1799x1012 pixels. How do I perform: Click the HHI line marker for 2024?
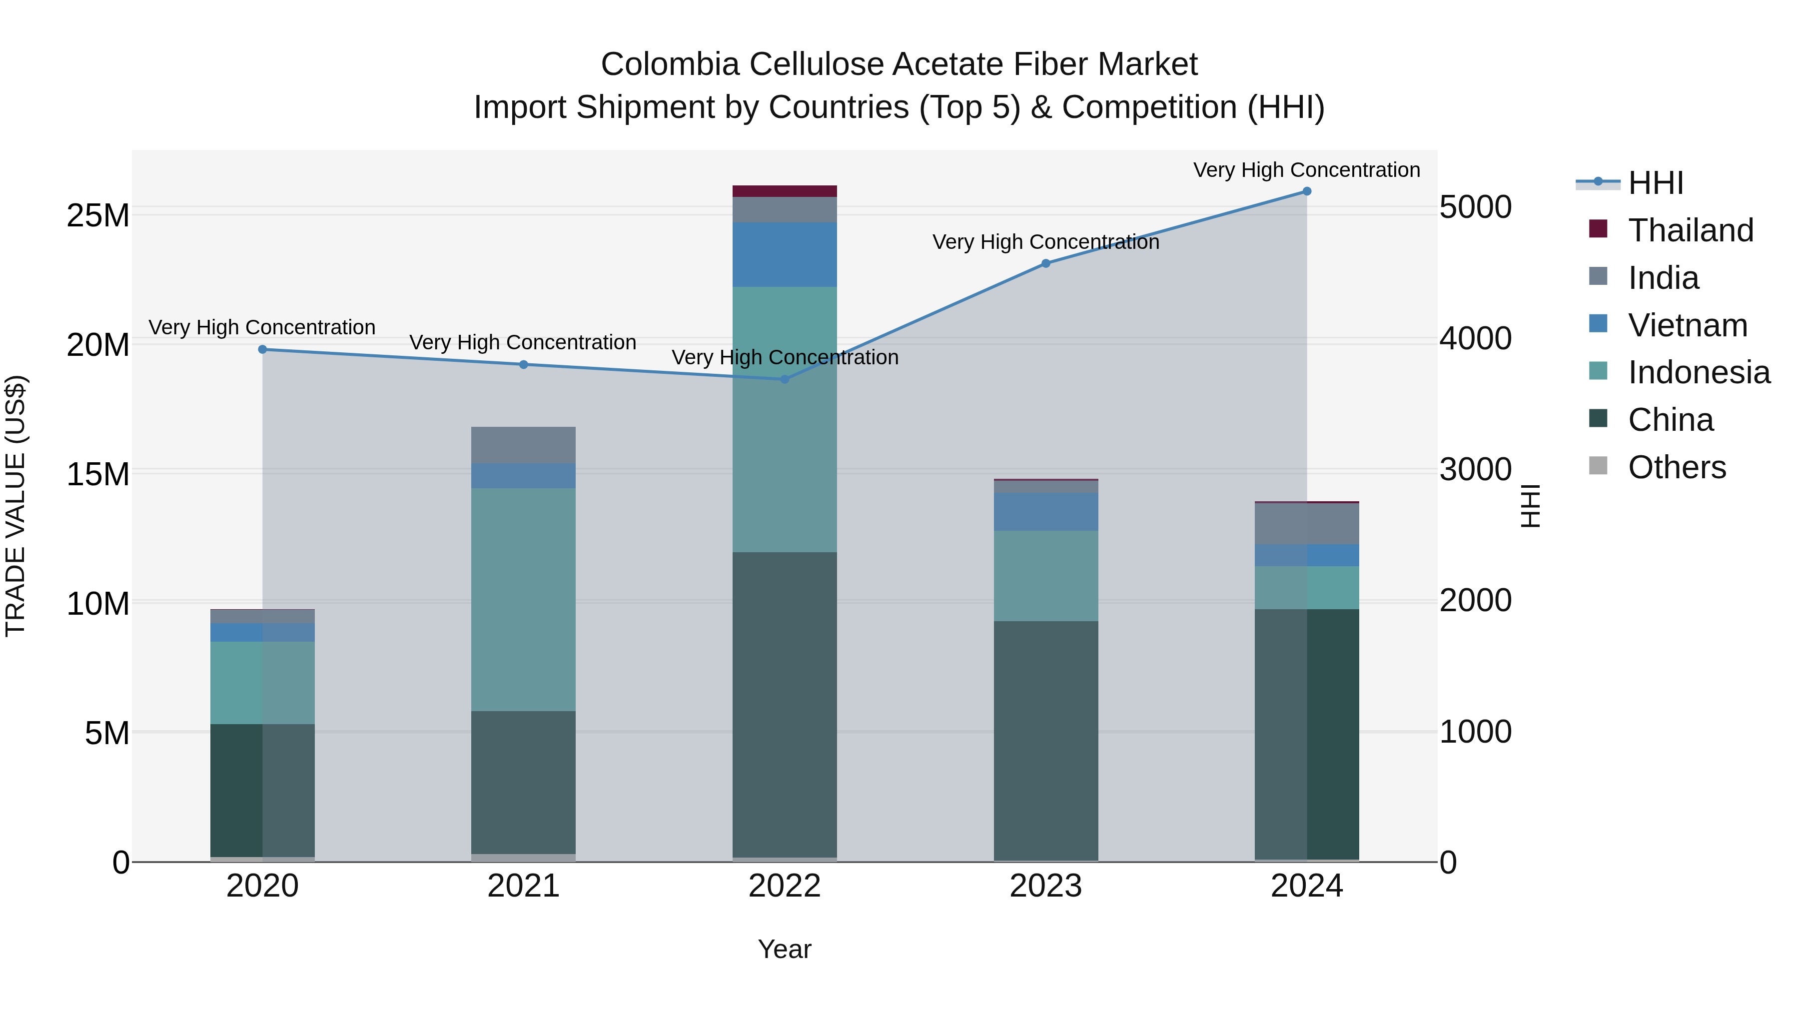pos(1307,191)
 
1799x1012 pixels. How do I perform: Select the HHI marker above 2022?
pos(784,379)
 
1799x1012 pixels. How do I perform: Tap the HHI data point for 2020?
pos(262,349)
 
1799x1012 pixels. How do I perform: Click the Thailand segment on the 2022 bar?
pos(784,191)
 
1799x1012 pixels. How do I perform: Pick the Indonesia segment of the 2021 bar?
pos(523,599)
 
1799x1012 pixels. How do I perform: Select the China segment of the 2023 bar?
pos(1045,740)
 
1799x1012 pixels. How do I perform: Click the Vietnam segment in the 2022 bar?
pos(784,254)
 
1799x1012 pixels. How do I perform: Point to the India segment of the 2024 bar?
pos(1307,524)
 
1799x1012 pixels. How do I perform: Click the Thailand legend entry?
pos(1690,230)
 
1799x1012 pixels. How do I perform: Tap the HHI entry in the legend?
pos(1655,183)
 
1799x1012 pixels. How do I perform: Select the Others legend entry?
pos(1676,467)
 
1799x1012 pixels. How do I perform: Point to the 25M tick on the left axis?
pos(98,216)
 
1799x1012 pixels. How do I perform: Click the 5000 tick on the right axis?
pos(1475,207)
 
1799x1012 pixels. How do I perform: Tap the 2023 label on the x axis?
pos(1045,886)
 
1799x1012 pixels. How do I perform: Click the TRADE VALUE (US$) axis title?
pos(15,506)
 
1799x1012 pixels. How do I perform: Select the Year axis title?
pos(784,949)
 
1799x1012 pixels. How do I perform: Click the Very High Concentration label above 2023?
pos(1045,242)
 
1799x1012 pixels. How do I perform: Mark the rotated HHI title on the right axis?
pos(1530,506)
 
